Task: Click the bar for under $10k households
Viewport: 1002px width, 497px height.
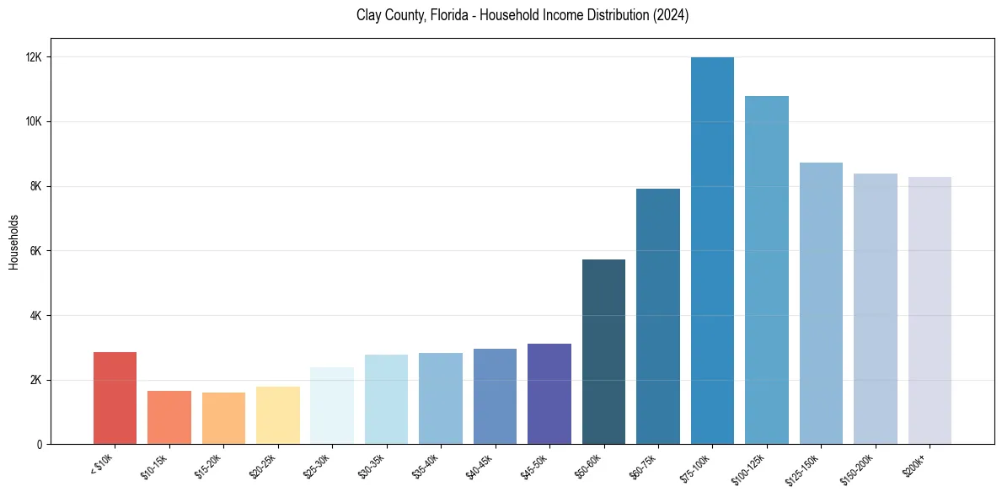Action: pos(115,398)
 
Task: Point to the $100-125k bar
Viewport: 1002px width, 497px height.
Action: pos(766,270)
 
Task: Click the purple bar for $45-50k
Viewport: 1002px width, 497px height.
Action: pos(549,393)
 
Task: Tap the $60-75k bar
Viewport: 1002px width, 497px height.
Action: pos(658,316)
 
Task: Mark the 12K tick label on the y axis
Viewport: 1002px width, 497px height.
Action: pos(35,57)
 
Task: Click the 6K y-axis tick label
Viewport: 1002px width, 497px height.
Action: pos(37,251)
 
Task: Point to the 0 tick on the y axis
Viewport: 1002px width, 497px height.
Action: pos(40,445)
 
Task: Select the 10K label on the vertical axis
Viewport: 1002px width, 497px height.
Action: pos(35,121)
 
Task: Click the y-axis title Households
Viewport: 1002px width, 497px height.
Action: pos(13,242)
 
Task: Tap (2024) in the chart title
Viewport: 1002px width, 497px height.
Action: pos(671,15)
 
